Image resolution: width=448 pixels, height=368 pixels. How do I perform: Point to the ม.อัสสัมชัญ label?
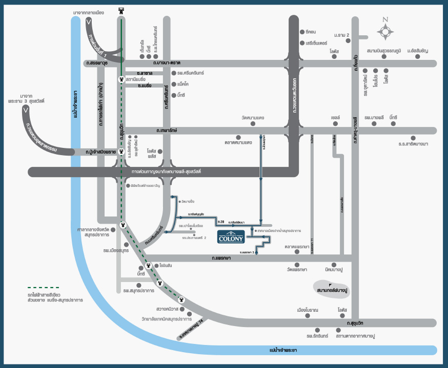[x=418, y=51]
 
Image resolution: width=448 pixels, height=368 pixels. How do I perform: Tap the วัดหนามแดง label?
[x=253, y=118]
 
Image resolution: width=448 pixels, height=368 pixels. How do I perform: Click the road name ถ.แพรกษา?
[x=221, y=258]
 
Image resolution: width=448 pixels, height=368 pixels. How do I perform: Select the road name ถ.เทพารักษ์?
[x=167, y=131]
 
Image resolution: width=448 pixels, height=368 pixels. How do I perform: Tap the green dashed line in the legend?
[x=43, y=288]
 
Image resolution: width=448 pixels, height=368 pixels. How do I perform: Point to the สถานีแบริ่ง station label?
[x=135, y=79]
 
